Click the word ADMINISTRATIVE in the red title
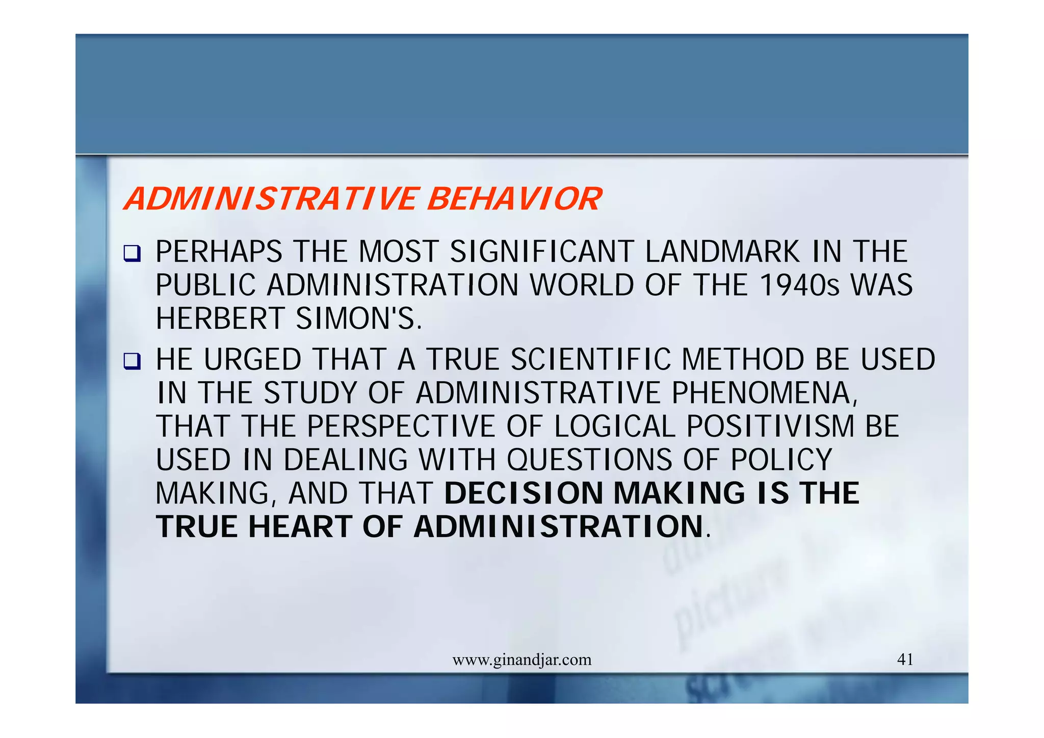coord(270,199)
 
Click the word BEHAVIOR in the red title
coord(514,199)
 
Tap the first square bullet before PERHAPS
coord(132,253)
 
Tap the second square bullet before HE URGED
coord(132,361)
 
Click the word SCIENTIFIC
coord(591,359)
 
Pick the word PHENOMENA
coord(764,393)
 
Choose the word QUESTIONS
coord(589,460)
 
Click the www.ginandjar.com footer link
coord(521,660)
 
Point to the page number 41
coord(905,660)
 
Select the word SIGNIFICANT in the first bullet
coord(541,252)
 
